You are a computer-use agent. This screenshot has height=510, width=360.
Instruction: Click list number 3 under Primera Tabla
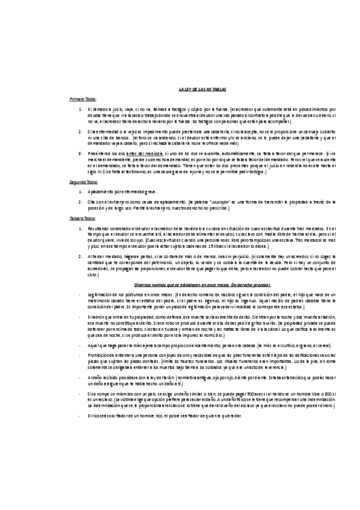81,153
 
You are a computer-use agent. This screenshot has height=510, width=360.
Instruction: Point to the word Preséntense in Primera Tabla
100,153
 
